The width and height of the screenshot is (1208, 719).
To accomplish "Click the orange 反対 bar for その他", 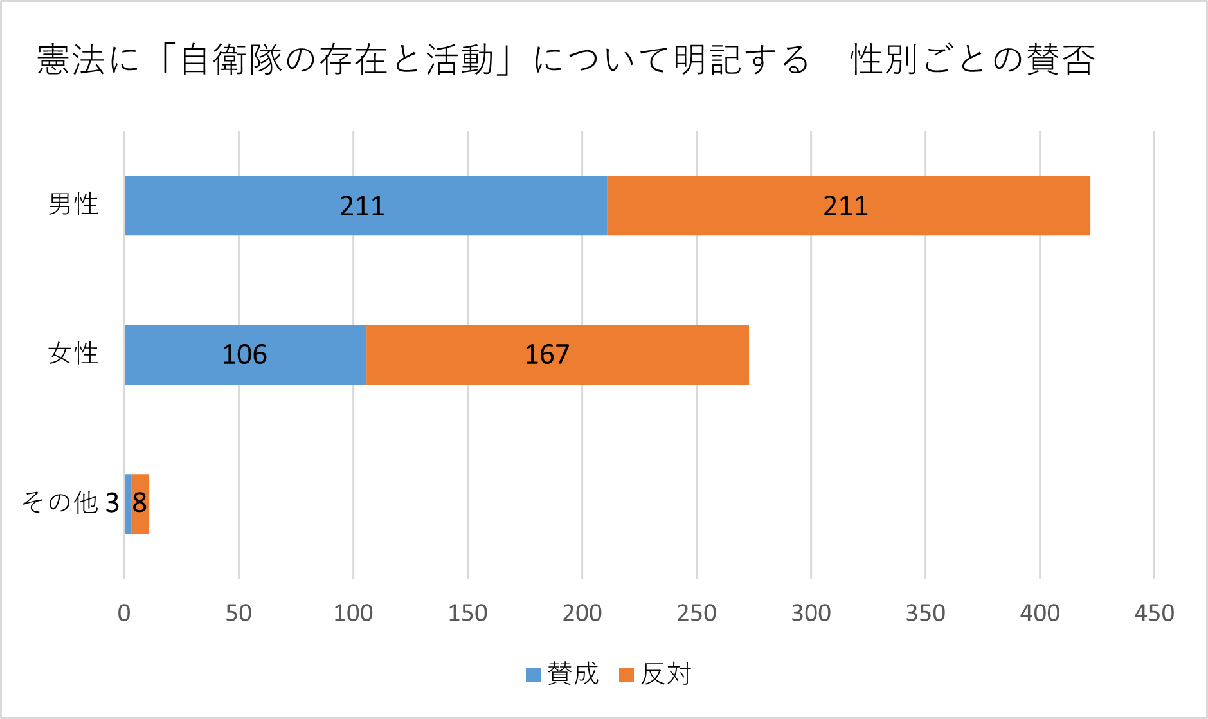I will (140, 504).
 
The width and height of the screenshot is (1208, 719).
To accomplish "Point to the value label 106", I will (244, 354).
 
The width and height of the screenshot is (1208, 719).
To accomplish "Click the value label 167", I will (547, 354).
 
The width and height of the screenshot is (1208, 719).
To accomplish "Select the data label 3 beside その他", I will (112, 503).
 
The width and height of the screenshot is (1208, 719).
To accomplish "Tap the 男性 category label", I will (73, 205).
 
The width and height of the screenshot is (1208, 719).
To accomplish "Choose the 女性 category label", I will (73, 354).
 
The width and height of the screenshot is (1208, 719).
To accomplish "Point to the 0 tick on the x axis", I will (124, 613).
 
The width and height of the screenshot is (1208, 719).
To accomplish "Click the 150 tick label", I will (467, 613).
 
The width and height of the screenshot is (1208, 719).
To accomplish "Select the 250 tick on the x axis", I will (696, 613).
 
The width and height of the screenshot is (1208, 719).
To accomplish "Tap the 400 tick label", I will (1040, 613).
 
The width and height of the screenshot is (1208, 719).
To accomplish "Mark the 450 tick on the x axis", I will (1154, 613).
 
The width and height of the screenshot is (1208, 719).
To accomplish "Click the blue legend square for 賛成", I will (533, 675).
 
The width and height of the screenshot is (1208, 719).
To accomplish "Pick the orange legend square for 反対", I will (626, 675).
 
